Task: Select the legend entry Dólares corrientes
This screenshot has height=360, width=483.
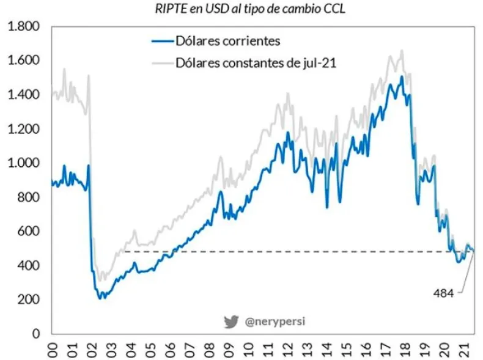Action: coord(227,42)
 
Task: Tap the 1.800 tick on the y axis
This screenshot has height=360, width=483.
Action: coord(23,27)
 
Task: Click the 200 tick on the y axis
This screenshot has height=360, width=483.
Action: coord(28,300)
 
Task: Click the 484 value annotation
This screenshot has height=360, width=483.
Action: coord(443,293)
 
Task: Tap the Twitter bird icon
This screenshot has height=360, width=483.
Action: coord(230,321)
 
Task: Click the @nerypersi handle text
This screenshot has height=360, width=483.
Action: coord(269,321)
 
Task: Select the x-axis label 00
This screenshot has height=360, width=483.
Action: coord(53,349)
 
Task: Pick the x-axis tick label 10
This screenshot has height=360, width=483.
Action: coord(249,349)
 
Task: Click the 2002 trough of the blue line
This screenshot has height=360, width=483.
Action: coord(101,298)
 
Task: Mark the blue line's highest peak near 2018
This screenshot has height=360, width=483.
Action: coord(402,76)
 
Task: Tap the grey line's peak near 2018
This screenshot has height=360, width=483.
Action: coord(402,51)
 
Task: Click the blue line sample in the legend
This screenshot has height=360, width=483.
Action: coord(160,42)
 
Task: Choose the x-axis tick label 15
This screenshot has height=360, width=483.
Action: coord(346,349)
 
